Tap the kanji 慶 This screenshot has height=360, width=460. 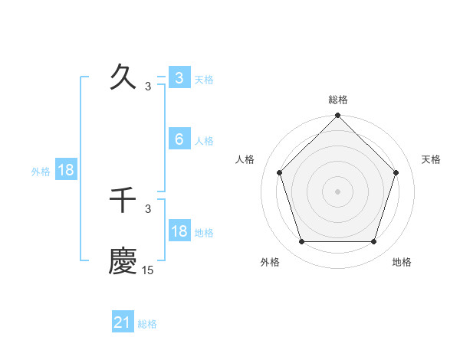(x=123, y=261)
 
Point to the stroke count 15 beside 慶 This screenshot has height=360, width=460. (x=148, y=270)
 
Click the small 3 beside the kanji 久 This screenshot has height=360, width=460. (x=148, y=87)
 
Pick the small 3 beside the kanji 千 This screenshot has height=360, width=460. (x=148, y=208)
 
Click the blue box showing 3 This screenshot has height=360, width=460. (x=179, y=77)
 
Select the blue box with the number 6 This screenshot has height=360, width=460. (x=179, y=139)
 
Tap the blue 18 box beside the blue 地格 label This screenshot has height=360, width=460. (x=179, y=231)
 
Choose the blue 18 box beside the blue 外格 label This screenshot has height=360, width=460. (x=66, y=170)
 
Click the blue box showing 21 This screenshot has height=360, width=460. (x=123, y=322)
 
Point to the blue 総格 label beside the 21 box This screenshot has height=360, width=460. (x=147, y=324)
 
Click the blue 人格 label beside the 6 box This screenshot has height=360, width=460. (x=204, y=141)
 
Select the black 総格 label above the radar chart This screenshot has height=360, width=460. (x=338, y=100)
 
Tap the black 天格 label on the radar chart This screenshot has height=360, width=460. (x=431, y=159)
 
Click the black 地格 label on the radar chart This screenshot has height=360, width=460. (x=402, y=262)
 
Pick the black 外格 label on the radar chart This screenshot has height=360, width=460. (x=270, y=262)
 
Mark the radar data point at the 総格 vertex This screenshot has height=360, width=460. (x=338, y=116)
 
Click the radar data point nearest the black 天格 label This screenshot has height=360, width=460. (x=396, y=172)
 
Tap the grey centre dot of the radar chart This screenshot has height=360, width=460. (x=338, y=191)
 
